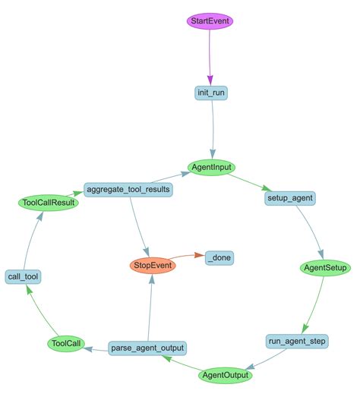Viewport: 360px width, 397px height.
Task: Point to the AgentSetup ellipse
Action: point(325,269)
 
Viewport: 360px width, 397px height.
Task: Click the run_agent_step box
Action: point(297,342)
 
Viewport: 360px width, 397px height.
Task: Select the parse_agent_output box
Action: point(147,348)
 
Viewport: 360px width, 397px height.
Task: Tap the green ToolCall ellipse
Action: point(65,345)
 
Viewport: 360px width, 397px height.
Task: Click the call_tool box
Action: point(23,277)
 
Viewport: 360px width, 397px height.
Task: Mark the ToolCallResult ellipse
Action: point(49,203)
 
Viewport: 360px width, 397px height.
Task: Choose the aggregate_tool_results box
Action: point(128,188)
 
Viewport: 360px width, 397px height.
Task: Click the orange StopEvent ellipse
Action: point(153,266)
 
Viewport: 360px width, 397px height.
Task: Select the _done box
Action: point(219,258)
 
